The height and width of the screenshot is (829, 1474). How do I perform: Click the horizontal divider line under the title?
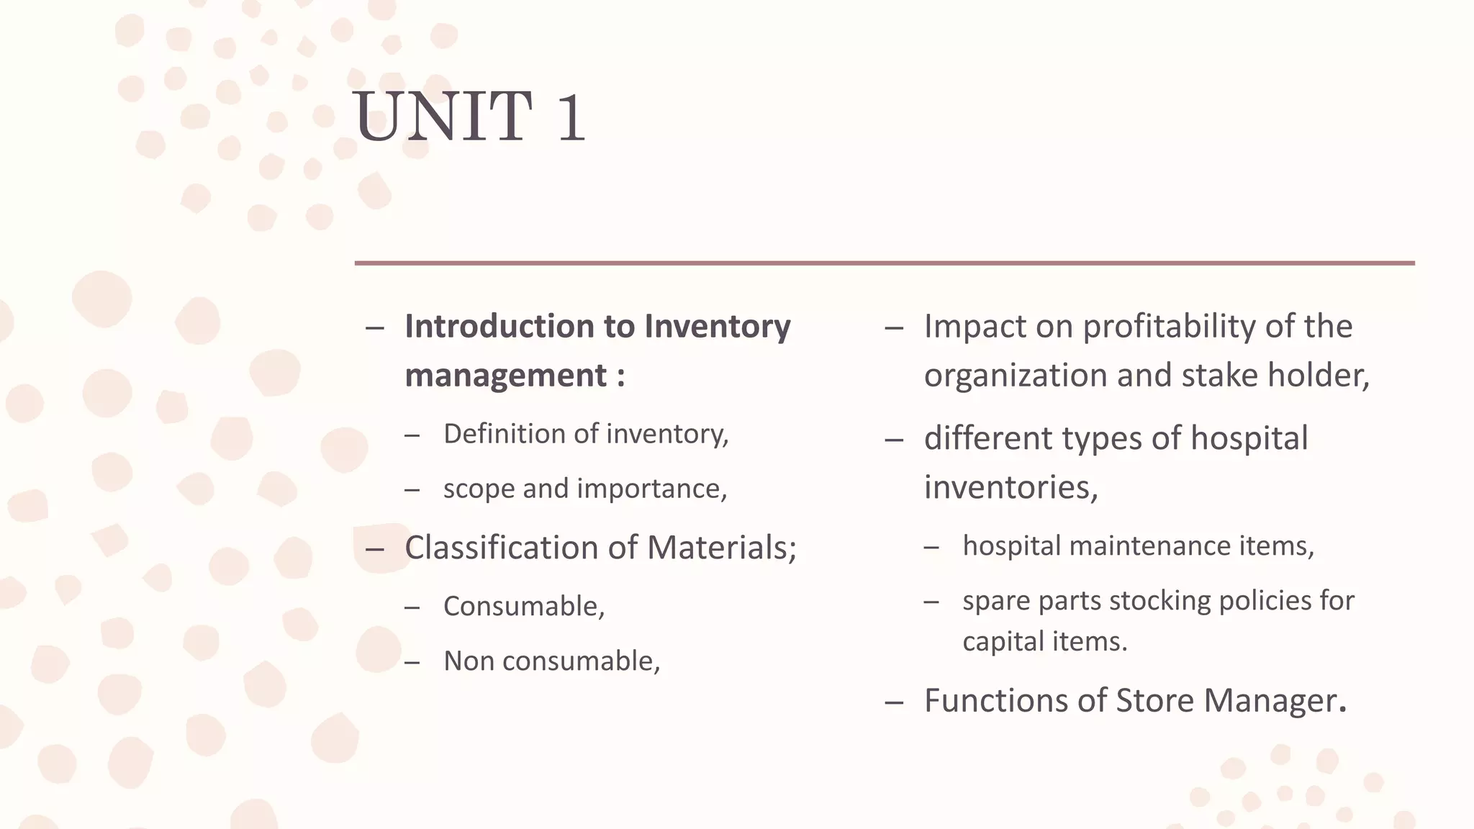884,263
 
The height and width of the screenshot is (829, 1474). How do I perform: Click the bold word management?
505,376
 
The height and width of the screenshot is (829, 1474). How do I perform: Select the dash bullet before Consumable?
412,607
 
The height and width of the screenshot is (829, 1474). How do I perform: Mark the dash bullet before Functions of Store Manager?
894,702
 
